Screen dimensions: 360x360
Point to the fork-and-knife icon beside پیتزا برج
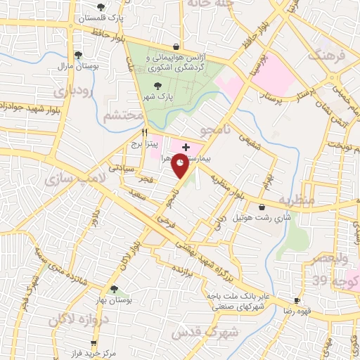[144, 131]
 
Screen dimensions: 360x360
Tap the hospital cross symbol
[185, 146]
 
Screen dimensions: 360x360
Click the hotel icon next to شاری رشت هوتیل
[262, 207]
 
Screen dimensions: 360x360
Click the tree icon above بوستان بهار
[114, 288]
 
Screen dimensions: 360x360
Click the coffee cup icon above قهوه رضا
[297, 300]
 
